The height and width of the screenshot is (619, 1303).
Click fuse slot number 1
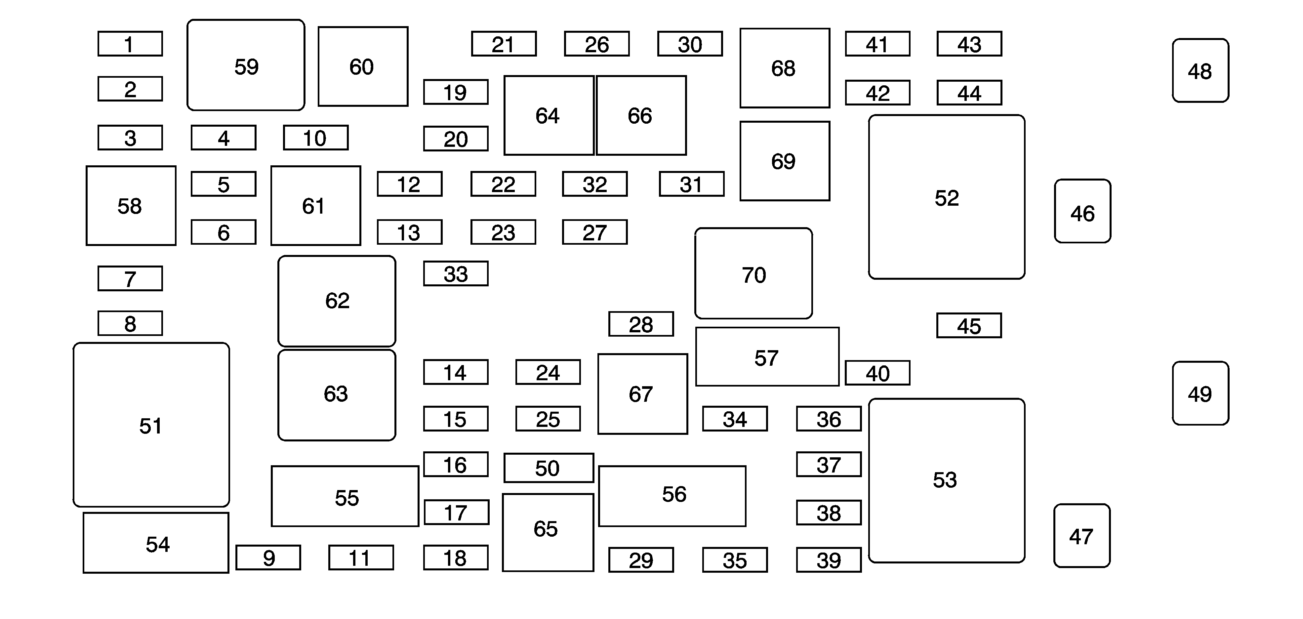tap(130, 44)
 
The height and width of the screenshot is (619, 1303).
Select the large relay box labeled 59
tap(246, 65)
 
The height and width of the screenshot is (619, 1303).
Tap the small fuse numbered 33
tap(456, 273)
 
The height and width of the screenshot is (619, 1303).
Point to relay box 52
tap(946, 197)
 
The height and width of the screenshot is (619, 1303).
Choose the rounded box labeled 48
tap(1200, 71)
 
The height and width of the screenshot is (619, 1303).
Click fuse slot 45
tap(969, 326)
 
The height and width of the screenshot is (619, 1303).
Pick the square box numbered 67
tap(642, 394)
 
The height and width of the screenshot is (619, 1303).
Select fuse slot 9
tap(268, 558)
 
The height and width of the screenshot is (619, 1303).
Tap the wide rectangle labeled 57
tap(767, 357)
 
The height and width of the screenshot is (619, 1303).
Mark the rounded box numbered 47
tap(1082, 536)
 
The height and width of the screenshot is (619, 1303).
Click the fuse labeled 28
tap(641, 324)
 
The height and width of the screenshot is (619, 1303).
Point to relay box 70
tap(753, 273)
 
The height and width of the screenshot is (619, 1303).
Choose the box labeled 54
tap(156, 543)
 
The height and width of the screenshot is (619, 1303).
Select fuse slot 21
tap(504, 44)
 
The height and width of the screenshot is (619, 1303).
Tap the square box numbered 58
tap(131, 206)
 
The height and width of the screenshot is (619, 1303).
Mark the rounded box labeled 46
tap(1082, 211)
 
